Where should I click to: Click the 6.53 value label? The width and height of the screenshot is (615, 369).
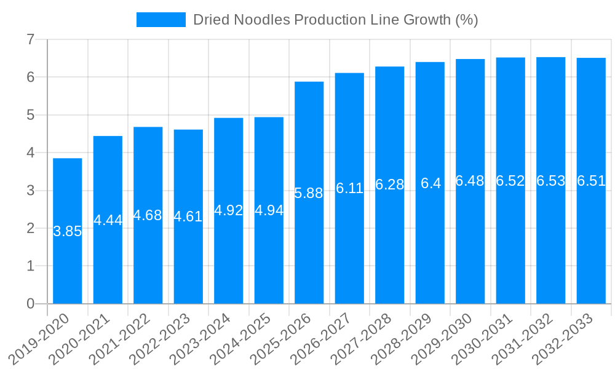tap(550, 181)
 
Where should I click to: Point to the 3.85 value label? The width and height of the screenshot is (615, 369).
tap(68, 232)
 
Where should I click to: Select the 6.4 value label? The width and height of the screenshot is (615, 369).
tap(430, 183)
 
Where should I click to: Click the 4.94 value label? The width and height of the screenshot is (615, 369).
tap(269, 210)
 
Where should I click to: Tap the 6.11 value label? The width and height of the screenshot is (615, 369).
tap(349, 189)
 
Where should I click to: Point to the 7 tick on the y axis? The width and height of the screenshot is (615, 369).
tap(30, 40)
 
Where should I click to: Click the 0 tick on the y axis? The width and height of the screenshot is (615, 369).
tap(30, 304)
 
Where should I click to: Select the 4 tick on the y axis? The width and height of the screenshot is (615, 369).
tap(30, 153)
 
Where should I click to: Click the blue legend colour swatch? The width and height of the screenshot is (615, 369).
tap(161, 20)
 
